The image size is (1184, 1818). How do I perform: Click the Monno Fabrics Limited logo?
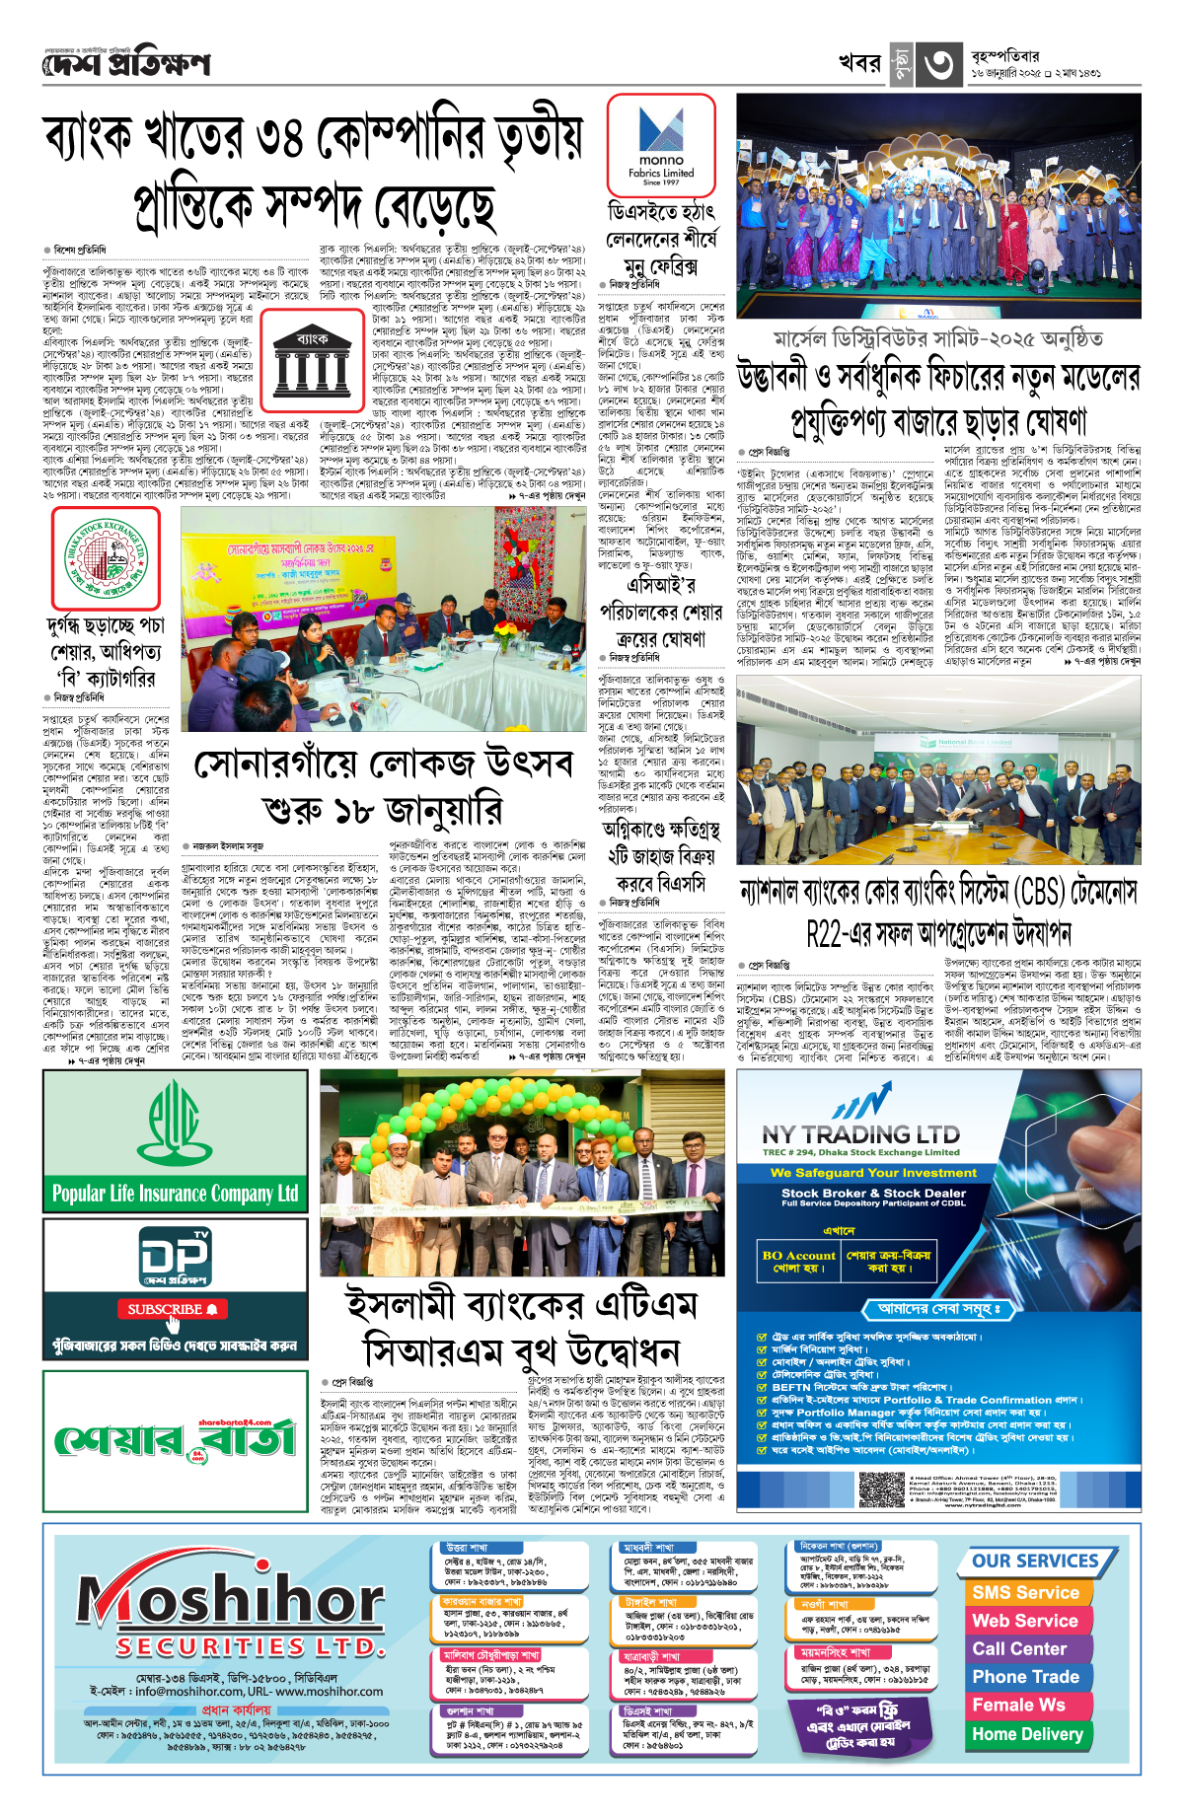click(x=660, y=144)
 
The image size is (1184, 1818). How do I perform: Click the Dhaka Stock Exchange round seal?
click(x=105, y=557)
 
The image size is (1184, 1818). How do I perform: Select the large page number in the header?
click(x=938, y=65)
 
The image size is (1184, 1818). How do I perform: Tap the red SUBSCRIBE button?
click(x=173, y=1309)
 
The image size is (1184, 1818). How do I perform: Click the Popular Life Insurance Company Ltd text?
click(x=175, y=1194)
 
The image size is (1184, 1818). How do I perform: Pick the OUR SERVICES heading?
click(x=1035, y=1562)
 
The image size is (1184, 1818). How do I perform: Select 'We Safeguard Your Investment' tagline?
click(x=873, y=1173)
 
